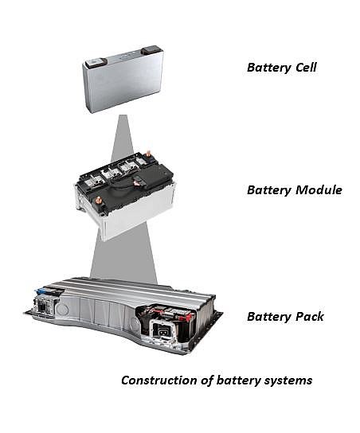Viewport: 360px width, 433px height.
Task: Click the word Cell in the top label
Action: click(x=306, y=68)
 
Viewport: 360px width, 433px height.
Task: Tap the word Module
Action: click(x=319, y=190)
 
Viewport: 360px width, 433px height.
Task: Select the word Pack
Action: click(x=310, y=317)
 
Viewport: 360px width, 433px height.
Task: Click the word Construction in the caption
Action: click(x=159, y=380)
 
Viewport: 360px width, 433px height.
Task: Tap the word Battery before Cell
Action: click(x=269, y=68)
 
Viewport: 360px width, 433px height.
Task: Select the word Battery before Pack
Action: click(x=269, y=317)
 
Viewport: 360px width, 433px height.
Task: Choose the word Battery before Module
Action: click(x=269, y=190)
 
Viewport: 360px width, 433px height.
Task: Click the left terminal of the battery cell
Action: click(x=95, y=63)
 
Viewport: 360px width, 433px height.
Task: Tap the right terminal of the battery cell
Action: click(x=150, y=50)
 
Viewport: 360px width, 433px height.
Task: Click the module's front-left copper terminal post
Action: click(x=97, y=201)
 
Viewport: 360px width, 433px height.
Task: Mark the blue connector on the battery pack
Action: click(x=41, y=291)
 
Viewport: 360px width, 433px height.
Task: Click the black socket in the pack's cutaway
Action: click(x=161, y=330)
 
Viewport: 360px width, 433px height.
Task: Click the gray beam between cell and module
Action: click(x=123, y=138)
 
